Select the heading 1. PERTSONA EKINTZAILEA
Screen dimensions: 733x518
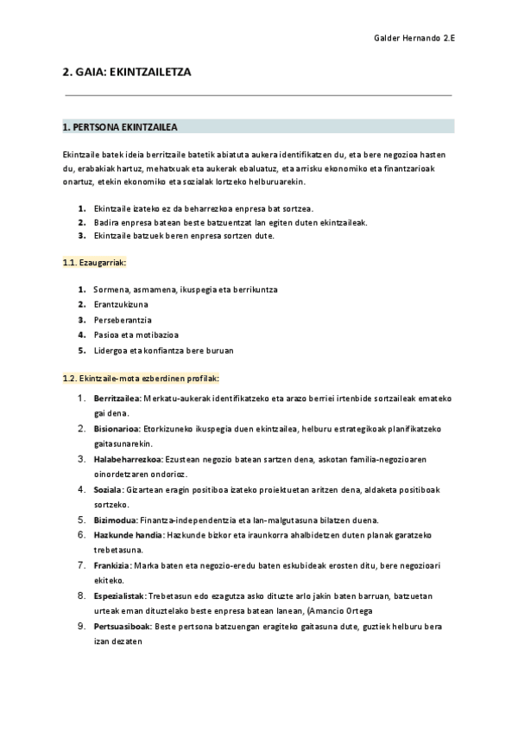[120, 127]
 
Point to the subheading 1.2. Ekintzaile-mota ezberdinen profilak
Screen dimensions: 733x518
[141, 378]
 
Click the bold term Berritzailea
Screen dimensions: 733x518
[117, 398]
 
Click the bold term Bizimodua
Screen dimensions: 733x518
[115, 519]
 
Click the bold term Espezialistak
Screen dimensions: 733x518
[119, 596]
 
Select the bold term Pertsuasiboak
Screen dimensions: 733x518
[122, 626]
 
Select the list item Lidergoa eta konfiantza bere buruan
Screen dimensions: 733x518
[163, 350]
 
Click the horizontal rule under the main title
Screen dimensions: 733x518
[258, 95]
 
